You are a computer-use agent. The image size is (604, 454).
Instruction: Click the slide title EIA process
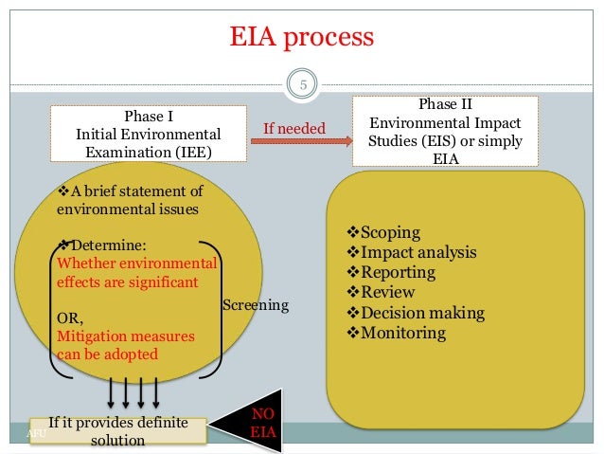[x=303, y=38]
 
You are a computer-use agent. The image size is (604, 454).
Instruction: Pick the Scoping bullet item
[x=383, y=232]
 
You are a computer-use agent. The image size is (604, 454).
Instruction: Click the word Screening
[x=255, y=306]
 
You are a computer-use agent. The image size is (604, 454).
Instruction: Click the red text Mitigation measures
[x=126, y=336]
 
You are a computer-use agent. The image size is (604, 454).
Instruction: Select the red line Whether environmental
[x=137, y=263]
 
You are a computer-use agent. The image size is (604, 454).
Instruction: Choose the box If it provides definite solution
[x=117, y=431]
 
